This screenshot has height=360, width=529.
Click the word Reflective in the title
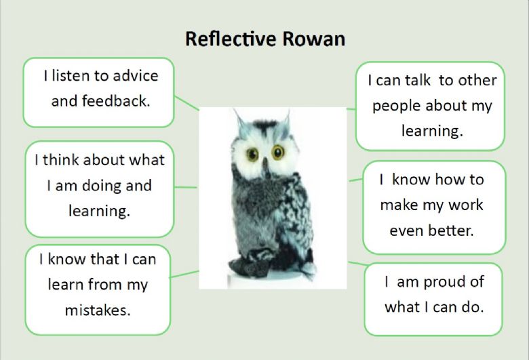click(231, 39)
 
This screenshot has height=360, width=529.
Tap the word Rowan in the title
click(314, 39)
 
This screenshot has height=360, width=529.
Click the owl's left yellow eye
click(252, 155)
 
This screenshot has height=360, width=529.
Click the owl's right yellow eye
click(278, 152)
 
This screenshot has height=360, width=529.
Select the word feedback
click(116, 101)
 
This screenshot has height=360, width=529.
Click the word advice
click(136, 76)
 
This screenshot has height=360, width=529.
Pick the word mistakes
click(98, 310)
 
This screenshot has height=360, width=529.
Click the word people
click(397, 106)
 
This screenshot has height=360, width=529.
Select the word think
click(61, 159)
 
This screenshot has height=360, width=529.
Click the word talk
click(418, 80)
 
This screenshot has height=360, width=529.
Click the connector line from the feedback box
click(187, 103)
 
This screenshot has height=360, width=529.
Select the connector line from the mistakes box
click(184, 274)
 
